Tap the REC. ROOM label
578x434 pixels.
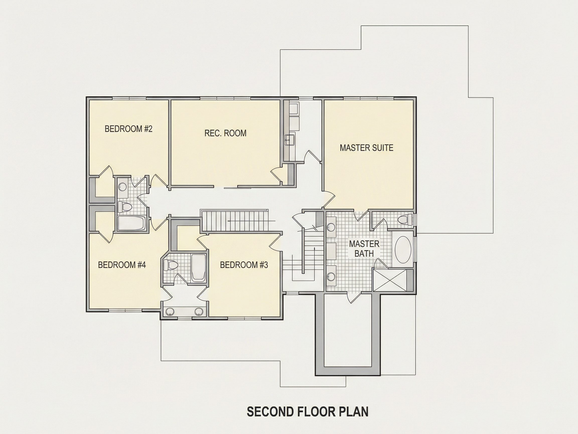225,133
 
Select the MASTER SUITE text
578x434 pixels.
366,148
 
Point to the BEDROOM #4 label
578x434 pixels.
122,265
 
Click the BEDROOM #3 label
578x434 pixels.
244,265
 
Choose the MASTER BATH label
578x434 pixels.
364,249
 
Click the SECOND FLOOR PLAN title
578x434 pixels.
308,411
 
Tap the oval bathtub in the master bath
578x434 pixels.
403,250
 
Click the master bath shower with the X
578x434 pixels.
390,280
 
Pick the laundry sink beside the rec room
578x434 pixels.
290,140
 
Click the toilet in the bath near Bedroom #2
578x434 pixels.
124,207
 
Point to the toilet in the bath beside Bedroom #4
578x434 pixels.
170,265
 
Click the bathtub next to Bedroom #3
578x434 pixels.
198,268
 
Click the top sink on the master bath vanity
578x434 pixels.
331,227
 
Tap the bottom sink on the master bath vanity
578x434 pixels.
331,276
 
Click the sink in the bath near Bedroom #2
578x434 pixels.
123,187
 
